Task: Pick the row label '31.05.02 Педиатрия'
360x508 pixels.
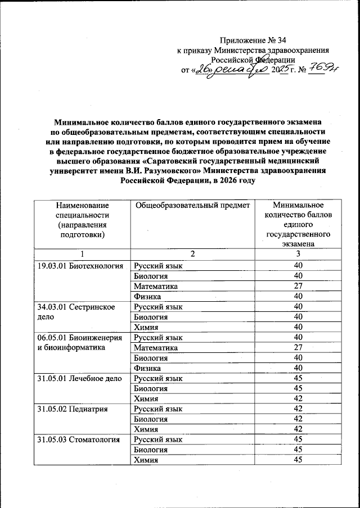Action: point(72,409)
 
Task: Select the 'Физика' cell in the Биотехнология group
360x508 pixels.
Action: point(147,296)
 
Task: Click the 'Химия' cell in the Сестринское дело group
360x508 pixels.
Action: point(145,327)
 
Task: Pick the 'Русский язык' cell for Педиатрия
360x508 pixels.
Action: point(157,409)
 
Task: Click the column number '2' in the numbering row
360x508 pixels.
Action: point(192,255)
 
